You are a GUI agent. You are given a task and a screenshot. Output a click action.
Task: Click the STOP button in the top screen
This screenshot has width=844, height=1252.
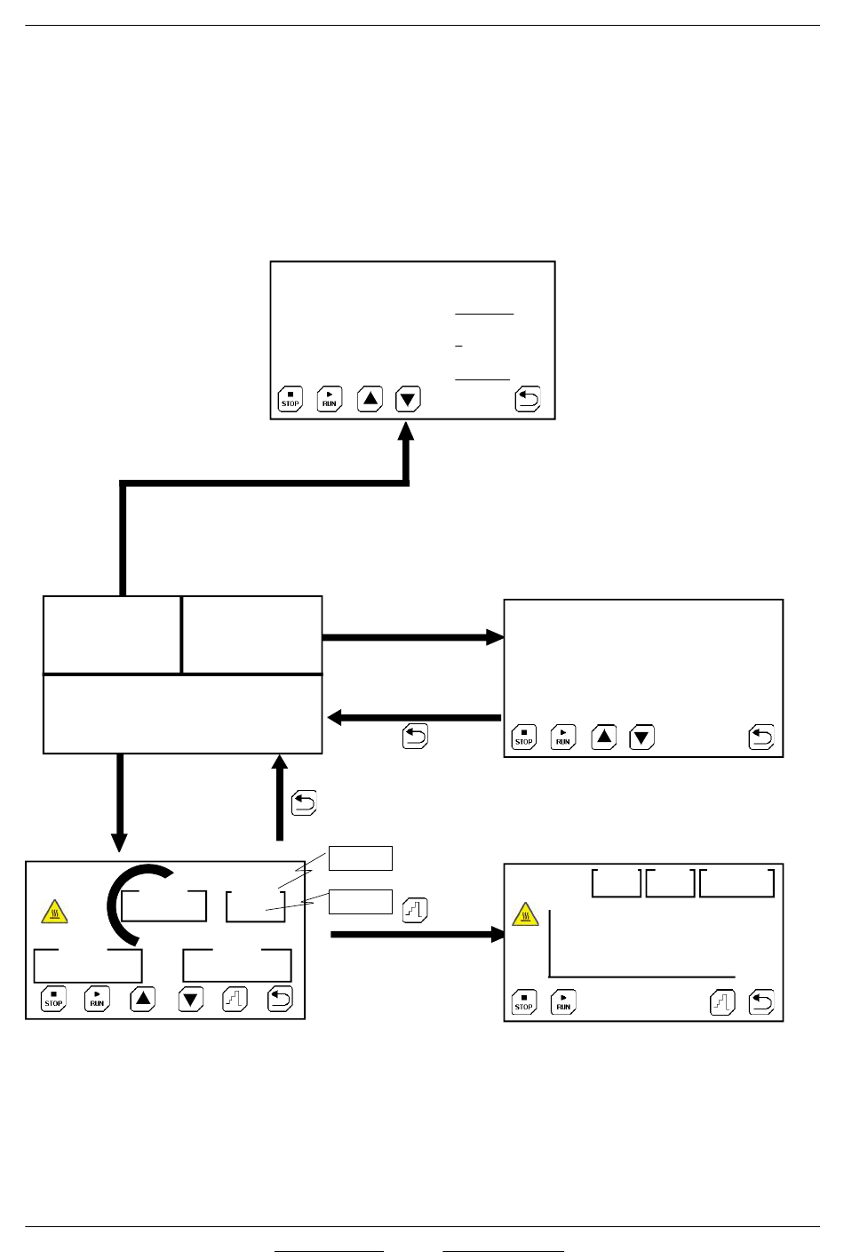point(291,400)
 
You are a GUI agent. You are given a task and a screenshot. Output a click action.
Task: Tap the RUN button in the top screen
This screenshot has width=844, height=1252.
point(330,400)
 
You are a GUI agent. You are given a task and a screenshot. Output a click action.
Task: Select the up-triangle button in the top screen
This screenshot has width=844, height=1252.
point(370,400)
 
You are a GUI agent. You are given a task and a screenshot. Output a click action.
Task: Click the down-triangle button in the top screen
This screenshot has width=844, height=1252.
point(408,400)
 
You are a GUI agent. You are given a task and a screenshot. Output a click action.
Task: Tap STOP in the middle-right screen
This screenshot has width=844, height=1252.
point(524,738)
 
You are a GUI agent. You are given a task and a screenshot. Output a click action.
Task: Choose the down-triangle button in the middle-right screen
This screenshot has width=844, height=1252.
point(641,738)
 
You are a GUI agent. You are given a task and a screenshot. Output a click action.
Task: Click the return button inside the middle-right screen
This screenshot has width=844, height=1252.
point(761,738)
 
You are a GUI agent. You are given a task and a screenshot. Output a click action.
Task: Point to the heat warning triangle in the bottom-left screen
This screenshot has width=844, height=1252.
point(55,912)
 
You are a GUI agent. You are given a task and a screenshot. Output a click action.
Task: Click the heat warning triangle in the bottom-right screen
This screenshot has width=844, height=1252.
point(526,914)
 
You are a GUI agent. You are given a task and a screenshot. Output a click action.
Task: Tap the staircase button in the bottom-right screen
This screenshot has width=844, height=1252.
point(723,1003)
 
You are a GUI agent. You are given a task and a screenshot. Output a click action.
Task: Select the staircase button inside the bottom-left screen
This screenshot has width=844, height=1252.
point(235,999)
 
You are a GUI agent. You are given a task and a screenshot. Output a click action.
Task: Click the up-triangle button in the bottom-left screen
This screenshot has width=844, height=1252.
point(143,999)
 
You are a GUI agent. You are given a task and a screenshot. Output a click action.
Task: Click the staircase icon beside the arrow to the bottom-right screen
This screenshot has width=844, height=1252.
point(416,910)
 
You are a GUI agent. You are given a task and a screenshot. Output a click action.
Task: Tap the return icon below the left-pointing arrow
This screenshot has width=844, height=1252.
point(416,737)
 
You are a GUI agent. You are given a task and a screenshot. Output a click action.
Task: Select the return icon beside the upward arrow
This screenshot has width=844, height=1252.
point(305,803)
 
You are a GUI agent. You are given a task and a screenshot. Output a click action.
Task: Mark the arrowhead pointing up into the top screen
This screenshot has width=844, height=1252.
point(406,432)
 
